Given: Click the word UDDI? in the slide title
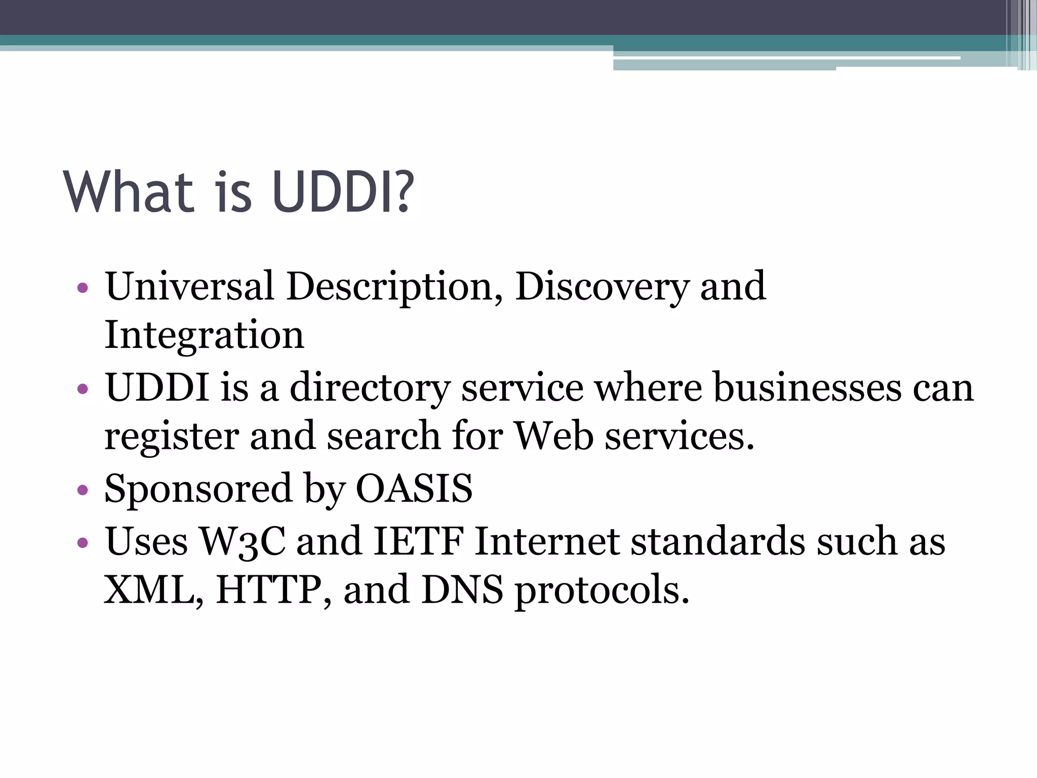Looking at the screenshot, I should [343, 192].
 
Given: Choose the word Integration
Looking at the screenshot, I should [204, 335].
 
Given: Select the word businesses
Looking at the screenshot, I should [808, 388].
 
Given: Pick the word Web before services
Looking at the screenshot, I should [553, 436].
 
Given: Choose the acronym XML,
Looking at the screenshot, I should [154, 590].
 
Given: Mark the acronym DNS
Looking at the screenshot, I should [462, 590].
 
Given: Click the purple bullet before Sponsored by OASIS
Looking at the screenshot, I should [83, 490].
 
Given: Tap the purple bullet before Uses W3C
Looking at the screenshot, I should [83, 543].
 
